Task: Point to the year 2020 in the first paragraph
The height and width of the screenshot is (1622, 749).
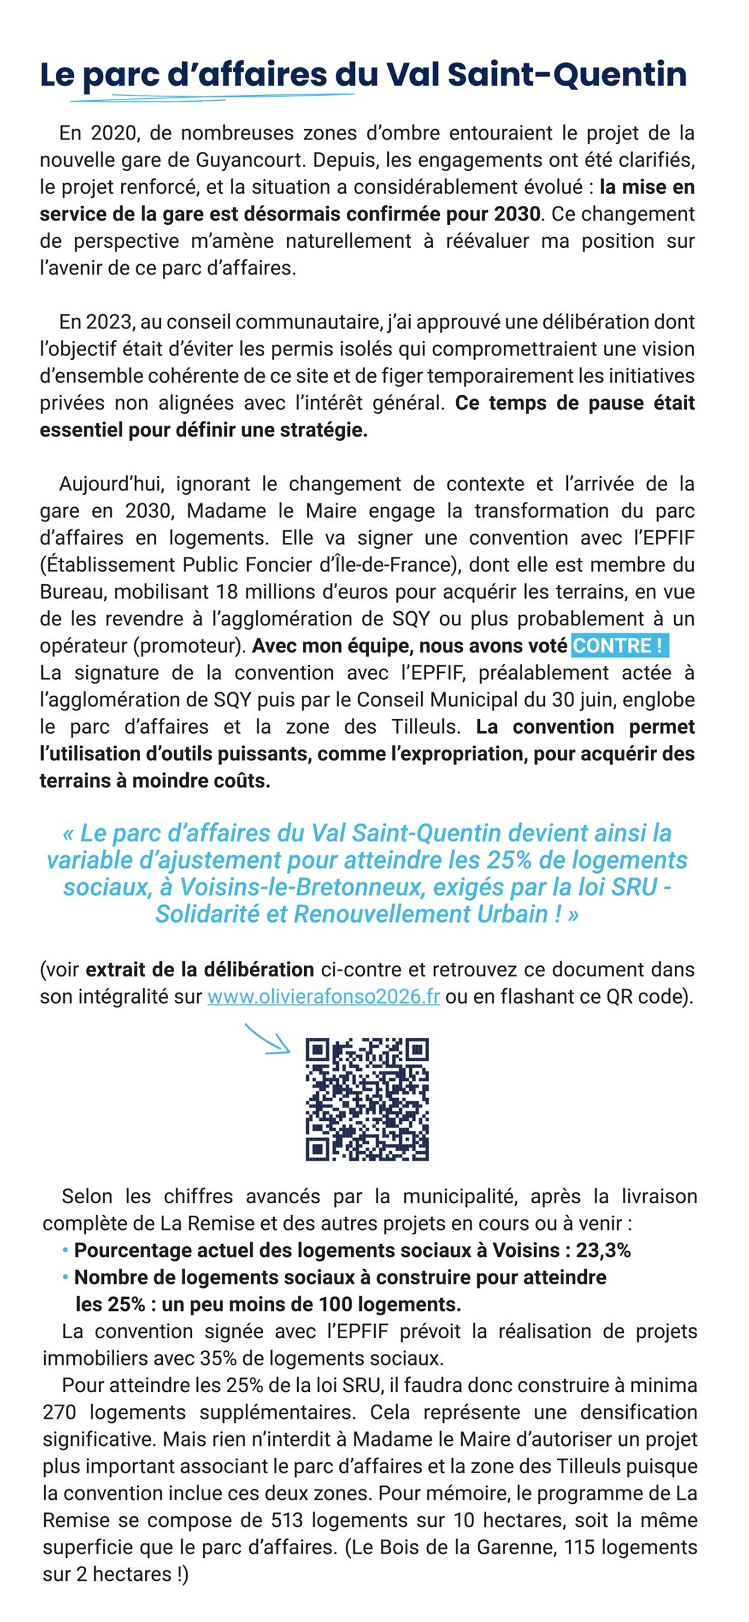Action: tap(114, 133)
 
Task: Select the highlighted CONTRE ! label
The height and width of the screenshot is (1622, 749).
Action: tap(619, 646)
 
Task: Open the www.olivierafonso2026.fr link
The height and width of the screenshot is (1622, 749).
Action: tap(323, 997)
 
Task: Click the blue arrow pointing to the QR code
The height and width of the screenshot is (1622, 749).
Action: tap(266, 1040)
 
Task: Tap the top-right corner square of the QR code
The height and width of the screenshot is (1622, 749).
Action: tap(416, 1051)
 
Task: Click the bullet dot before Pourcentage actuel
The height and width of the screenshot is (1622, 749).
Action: tap(65, 1250)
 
